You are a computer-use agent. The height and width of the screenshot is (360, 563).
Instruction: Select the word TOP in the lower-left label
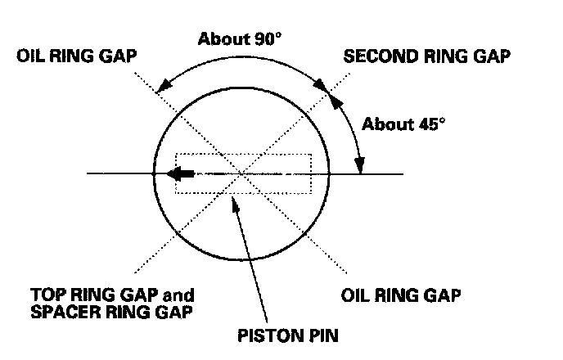pyautogui.click(x=45, y=293)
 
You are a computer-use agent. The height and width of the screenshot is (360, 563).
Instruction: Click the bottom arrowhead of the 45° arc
pyautogui.click(x=359, y=167)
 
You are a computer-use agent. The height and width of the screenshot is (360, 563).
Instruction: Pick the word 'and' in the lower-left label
pyautogui.click(x=180, y=293)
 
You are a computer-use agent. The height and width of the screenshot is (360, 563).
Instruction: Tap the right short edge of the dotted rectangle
pyautogui.click(x=311, y=173)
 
